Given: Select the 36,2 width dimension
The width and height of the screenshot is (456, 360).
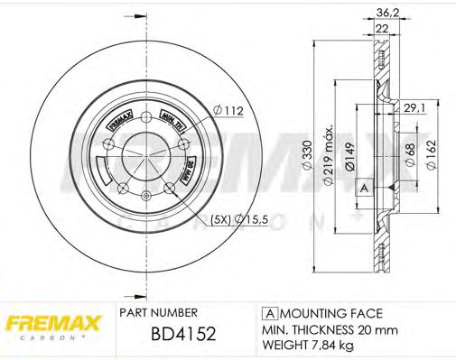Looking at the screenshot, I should pos(386,13).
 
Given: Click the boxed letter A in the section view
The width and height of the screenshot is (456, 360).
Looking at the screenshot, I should pos(365,187).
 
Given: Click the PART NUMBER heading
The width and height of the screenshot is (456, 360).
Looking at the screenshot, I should pos(160,313).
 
